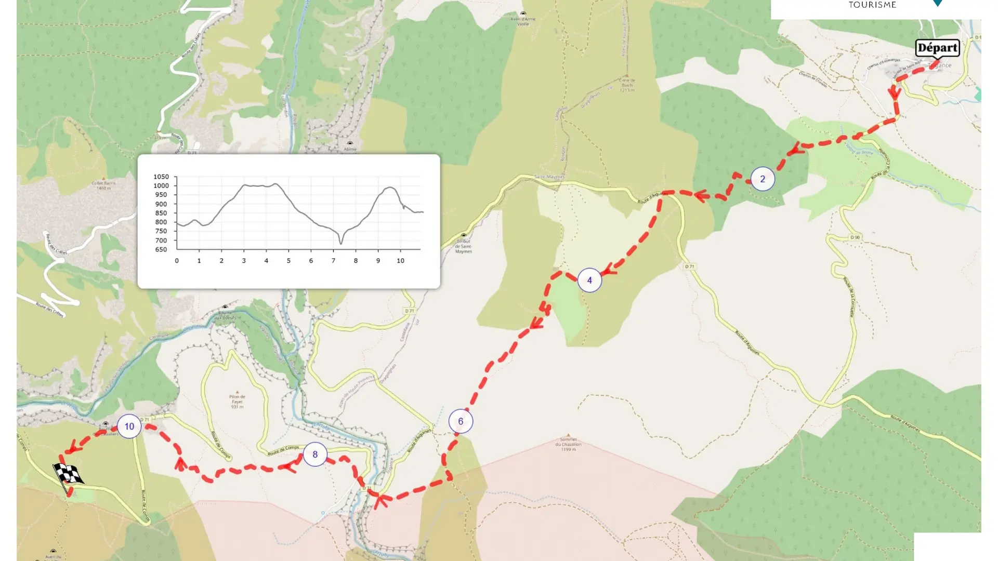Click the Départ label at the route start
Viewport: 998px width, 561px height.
click(x=937, y=48)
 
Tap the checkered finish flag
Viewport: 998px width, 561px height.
click(x=68, y=474)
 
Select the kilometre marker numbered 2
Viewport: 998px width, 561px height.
click(x=763, y=179)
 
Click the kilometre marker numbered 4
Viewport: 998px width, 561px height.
click(x=589, y=280)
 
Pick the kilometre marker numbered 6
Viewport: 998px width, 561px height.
click(x=461, y=421)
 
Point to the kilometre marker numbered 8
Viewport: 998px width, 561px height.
click(x=315, y=455)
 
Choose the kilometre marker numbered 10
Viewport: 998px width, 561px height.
click(x=129, y=426)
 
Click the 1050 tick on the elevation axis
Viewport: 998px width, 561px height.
click(x=161, y=177)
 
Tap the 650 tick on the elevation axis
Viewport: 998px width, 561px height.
click(x=161, y=250)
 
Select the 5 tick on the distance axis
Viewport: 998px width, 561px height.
click(x=288, y=261)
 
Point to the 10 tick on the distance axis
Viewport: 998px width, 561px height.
click(x=400, y=261)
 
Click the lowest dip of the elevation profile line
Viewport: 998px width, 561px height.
click(x=341, y=243)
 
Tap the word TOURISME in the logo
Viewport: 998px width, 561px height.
click(x=872, y=5)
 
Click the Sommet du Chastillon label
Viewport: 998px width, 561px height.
click(x=568, y=444)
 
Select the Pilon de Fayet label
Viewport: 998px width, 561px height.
click(x=237, y=402)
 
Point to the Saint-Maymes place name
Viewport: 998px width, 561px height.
click(x=549, y=177)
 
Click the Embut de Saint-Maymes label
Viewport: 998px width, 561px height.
click(x=464, y=246)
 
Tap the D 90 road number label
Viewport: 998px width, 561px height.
click(x=855, y=237)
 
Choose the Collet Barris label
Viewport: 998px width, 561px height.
click(x=104, y=185)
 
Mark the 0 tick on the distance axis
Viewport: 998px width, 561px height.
click(x=177, y=261)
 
